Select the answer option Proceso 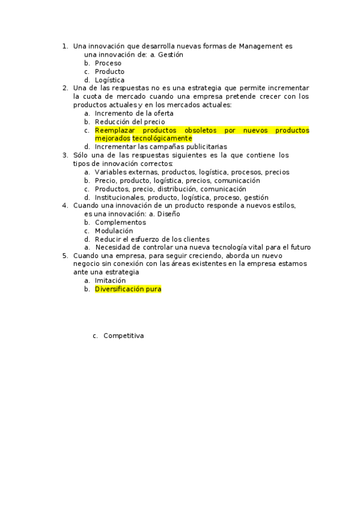108,63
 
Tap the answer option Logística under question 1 109,79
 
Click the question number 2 65,88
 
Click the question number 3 65,155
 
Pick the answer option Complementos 120,222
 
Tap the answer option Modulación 114,230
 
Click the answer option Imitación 110,280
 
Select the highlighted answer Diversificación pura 128,289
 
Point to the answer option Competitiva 123,336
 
